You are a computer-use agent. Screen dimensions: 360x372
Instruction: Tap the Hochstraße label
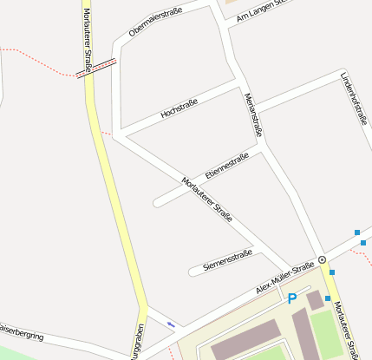[179, 108]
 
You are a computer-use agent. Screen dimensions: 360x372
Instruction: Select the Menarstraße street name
[253, 115]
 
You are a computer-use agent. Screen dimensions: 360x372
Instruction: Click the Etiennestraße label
[227, 165]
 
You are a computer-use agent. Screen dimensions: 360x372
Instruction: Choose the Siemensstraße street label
[226, 259]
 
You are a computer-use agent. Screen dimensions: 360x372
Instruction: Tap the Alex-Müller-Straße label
[284, 279]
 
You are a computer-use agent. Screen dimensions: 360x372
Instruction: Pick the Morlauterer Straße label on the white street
[208, 200]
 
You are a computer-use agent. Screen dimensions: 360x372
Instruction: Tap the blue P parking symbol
[292, 298]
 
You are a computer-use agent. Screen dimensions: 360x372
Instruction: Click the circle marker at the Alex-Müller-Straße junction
[322, 259]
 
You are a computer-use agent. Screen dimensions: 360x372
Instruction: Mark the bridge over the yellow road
[95, 68]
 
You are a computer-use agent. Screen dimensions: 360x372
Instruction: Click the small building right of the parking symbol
[314, 300]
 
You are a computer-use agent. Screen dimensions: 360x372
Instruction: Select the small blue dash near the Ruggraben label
[171, 324]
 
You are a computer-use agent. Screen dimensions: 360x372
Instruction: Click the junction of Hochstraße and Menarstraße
[238, 84]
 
